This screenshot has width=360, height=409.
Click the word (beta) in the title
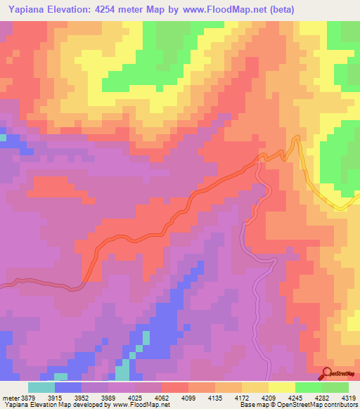(x=279, y=9)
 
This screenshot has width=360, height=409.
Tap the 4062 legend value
(x=170, y=398)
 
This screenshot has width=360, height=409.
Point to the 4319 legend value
(x=349, y=398)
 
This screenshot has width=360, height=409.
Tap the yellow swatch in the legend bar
(x=282, y=387)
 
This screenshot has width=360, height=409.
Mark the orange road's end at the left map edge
(x=1, y=285)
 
